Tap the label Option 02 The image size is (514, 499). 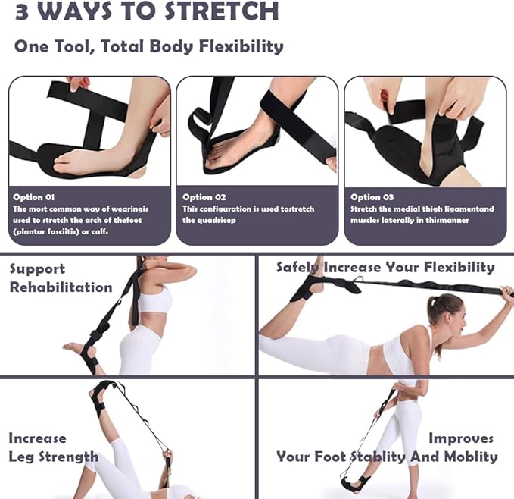(204, 196)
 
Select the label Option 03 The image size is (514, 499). (372, 196)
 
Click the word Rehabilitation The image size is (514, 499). (60, 287)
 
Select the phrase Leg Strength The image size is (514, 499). (53, 457)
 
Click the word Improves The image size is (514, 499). (461, 438)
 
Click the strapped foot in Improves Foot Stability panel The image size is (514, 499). (353, 484)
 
